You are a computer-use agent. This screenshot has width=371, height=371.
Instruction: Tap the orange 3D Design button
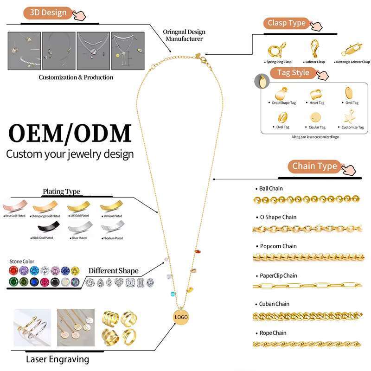click(x=48, y=13)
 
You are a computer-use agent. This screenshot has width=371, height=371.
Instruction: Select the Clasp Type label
click(x=287, y=23)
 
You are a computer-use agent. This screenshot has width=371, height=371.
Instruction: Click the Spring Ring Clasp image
click(x=277, y=48)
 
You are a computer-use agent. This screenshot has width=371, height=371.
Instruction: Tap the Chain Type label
click(x=314, y=166)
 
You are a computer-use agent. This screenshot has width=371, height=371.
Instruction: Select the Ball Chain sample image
click(x=307, y=199)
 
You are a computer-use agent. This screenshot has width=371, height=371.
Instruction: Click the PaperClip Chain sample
click(x=307, y=286)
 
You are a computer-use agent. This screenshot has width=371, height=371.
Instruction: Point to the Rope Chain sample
click(x=307, y=344)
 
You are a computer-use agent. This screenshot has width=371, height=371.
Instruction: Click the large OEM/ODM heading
click(x=70, y=133)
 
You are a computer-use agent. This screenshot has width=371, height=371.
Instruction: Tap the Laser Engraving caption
click(x=58, y=359)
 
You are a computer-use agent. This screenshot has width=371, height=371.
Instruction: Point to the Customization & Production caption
click(x=76, y=77)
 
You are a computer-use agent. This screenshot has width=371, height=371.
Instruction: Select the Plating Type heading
click(x=61, y=191)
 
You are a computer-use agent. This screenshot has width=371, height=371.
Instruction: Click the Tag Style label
click(x=294, y=73)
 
